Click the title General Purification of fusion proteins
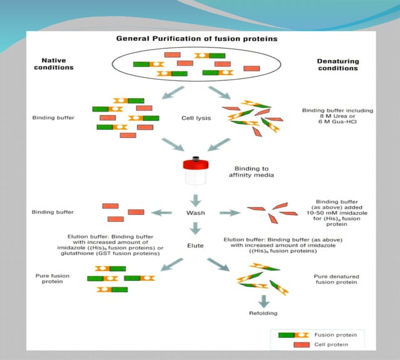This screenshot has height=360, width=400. pos(197,39)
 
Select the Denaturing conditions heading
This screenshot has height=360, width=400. pos(337,64)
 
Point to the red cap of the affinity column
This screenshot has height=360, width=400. pos(196,165)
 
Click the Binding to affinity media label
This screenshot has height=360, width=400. pos(251,172)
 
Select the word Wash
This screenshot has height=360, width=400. pos(196,213)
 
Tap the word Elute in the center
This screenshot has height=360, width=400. pos(196,246)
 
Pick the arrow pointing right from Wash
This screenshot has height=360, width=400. pos(229,213)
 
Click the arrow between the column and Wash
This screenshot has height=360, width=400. pos(196,199)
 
